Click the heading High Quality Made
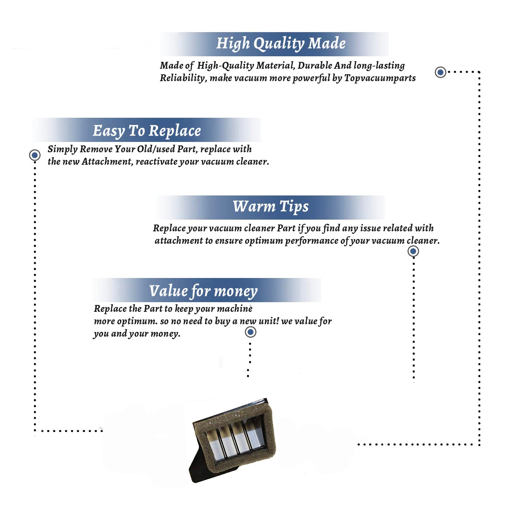(x=281, y=44)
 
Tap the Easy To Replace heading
(x=147, y=131)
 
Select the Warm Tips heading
(x=271, y=207)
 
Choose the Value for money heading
(x=203, y=291)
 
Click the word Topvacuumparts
(x=380, y=78)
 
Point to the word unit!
(x=269, y=321)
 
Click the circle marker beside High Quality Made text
(x=440, y=72)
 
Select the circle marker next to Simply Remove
(x=35, y=155)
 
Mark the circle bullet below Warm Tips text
(x=413, y=251)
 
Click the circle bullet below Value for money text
(x=250, y=332)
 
